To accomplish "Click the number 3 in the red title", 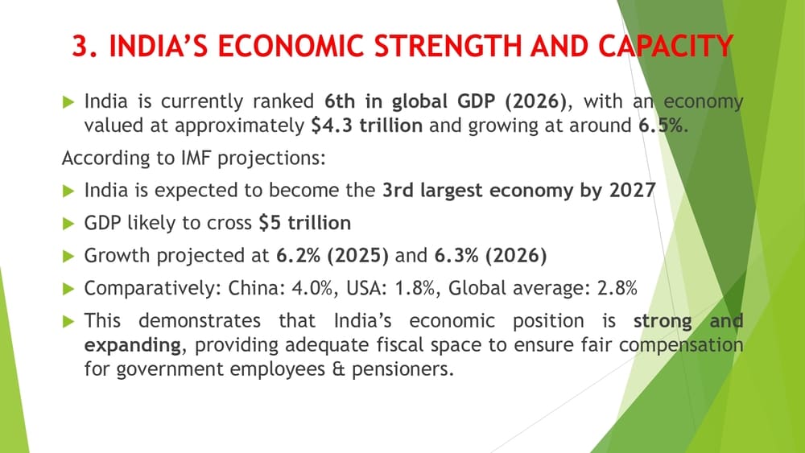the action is click(80, 46).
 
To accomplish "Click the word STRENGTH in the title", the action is click(447, 46).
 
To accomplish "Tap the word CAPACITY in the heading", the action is click(666, 46).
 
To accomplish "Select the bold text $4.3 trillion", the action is click(366, 126).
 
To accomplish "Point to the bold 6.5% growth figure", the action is click(661, 126).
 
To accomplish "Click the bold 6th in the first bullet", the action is click(341, 101).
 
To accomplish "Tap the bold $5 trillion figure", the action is click(305, 223).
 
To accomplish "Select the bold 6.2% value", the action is click(299, 256).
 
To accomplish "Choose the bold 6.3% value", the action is click(456, 256).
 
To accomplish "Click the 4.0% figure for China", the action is click(312, 288).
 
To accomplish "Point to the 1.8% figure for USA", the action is click(415, 288).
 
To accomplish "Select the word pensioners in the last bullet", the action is click(402, 369).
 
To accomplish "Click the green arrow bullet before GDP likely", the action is click(68, 224).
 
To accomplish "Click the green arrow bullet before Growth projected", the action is click(68, 256).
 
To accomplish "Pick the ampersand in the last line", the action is click(338, 369).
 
